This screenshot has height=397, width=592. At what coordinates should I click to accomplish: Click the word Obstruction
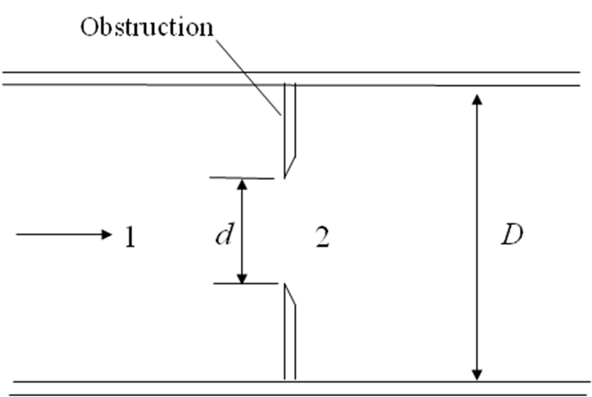[x=146, y=26]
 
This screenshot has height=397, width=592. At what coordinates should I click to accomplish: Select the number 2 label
[x=322, y=236]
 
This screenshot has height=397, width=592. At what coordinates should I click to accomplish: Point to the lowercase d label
[x=222, y=234]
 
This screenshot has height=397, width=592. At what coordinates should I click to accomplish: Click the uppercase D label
[x=512, y=235]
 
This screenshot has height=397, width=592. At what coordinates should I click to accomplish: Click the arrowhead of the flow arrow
[x=106, y=233]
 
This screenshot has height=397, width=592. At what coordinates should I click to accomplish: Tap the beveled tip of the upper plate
[x=292, y=167]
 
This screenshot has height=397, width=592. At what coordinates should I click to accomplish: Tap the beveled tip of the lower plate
[x=291, y=295]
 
